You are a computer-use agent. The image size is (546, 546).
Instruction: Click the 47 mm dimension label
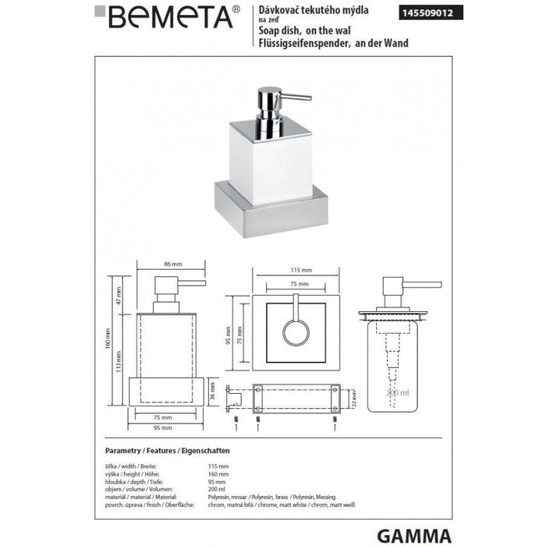click(119, 294)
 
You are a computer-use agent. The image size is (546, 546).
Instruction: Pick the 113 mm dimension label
click(119, 359)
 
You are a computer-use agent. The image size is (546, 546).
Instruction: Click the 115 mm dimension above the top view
click(292, 271)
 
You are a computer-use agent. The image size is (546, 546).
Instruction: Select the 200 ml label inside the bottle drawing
click(397, 393)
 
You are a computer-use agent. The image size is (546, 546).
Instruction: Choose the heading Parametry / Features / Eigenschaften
click(167, 452)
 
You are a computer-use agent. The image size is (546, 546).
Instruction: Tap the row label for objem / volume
click(136, 485)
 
